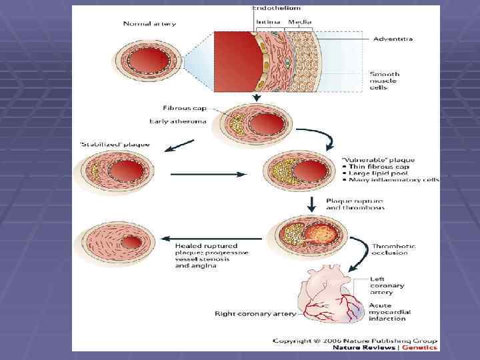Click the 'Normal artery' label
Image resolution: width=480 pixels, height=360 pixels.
point(149,24)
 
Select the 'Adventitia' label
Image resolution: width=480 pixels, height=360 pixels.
point(393,39)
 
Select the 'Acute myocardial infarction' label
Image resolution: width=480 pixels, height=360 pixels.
point(390,312)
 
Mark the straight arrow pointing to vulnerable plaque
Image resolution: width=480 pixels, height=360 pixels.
point(206,175)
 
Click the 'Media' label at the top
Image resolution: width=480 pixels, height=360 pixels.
point(299,22)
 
